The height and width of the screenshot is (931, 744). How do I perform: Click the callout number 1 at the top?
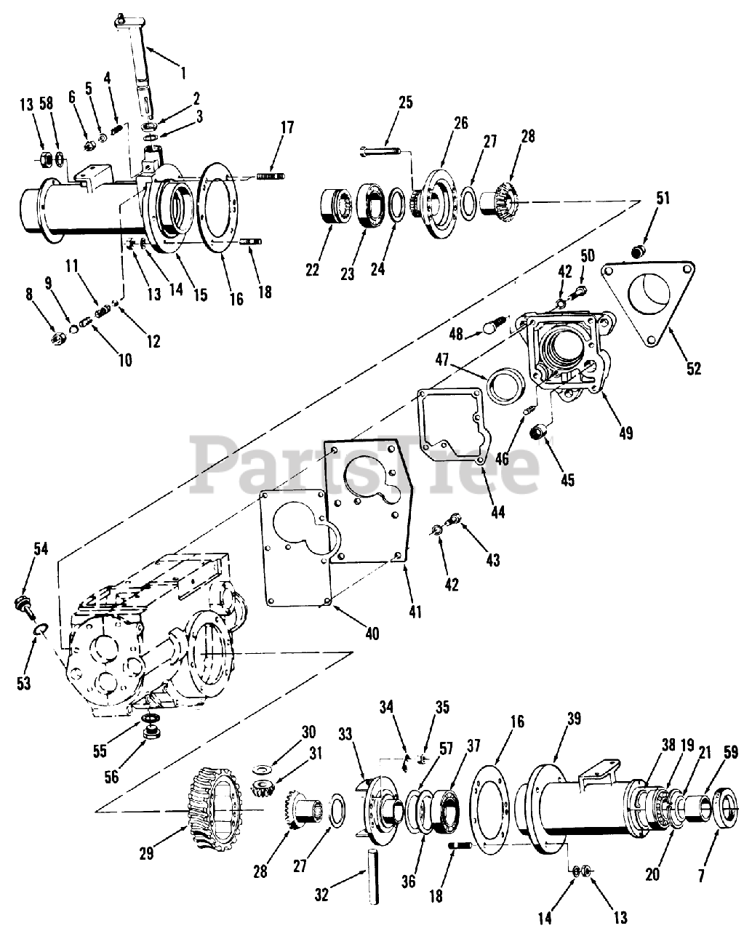point(183,72)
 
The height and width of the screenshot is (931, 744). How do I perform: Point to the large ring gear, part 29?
point(215,807)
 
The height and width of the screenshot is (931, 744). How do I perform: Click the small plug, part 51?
point(638,252)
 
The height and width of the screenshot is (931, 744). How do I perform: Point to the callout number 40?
point(372,634)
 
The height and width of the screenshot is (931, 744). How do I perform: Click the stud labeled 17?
point(271,176)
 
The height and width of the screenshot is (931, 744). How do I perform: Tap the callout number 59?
point(727,764)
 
